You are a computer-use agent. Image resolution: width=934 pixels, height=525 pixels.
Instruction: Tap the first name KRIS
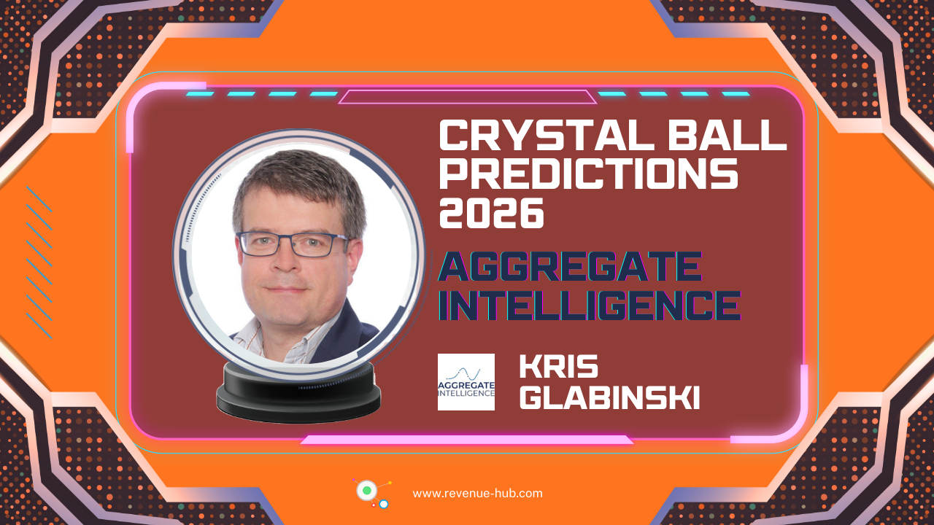pyautogui.click(x=558, y=367)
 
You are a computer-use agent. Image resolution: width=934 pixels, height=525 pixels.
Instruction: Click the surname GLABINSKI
pyautogui.click(x=609, y=398)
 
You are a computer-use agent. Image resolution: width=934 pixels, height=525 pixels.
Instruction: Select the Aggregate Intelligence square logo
pyautogui.click(x=466, y=382)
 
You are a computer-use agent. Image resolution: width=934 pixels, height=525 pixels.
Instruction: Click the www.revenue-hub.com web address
pyautogui.click(x=477, y=493)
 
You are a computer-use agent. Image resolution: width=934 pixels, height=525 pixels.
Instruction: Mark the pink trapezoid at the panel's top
pyautogui.click(x=467, y=97)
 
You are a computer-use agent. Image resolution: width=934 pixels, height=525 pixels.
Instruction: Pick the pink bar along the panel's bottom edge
pyautogui.click(x=467, y=440)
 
